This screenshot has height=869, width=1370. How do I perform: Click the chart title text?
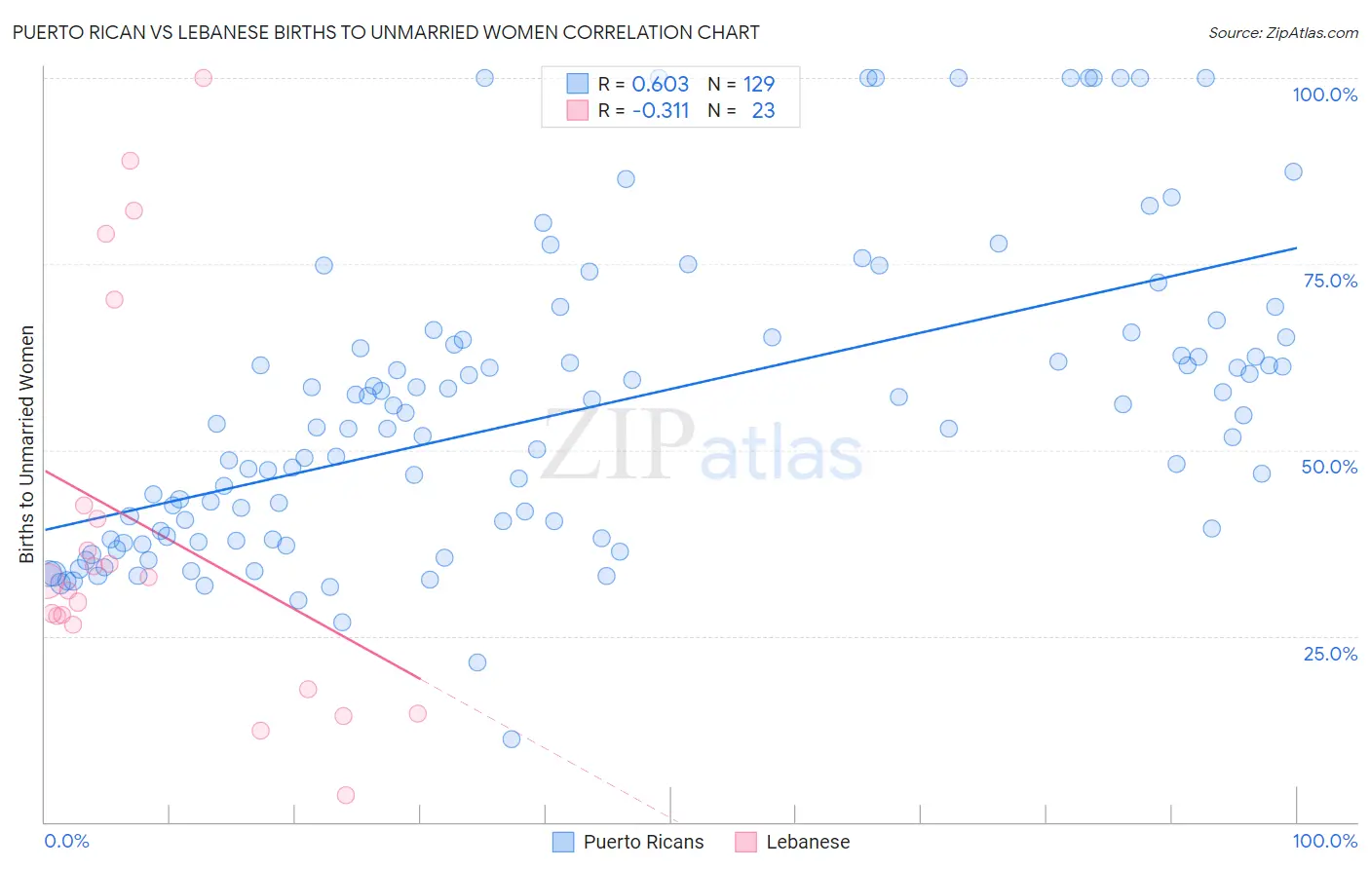[386, 32]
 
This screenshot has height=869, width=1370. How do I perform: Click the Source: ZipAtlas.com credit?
[1282, 32]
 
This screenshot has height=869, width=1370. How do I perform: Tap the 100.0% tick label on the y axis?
[1324, 94]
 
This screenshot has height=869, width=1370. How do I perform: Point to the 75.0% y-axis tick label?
[1330, 281]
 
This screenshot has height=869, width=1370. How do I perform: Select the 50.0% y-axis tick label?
[1329, 467]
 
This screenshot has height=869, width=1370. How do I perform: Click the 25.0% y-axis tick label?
[1330, 654]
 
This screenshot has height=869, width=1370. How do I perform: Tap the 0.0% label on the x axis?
[66, 841]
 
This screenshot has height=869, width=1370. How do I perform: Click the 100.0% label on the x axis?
[1324, 841]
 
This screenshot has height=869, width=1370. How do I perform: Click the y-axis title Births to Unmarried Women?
[27, 444]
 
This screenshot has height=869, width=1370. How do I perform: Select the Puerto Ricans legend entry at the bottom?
[642, 842]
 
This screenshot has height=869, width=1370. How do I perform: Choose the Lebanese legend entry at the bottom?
[807, 842]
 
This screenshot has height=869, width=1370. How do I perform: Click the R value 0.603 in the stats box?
[660, 85]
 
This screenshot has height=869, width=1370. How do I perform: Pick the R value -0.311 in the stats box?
[660, 111]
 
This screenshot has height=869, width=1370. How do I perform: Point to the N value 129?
[758, 85]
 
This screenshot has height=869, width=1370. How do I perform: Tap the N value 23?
[763, 111]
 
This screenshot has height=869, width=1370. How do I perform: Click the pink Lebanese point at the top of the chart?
[203, 78]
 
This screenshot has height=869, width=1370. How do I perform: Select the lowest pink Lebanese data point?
[345, 795]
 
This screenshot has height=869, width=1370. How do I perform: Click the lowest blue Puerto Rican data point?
[511, 739]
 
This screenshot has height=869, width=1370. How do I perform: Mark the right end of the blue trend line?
[1296, 247]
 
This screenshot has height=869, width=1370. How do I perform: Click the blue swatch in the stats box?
[578, 84]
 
